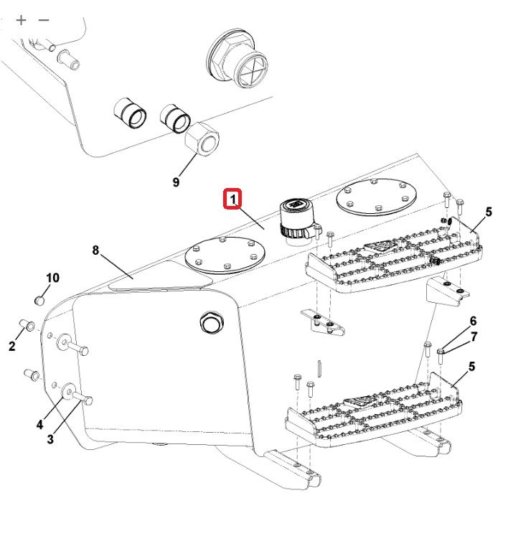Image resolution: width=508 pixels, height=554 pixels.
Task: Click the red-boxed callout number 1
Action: pyautogui.click(x=232, y=199)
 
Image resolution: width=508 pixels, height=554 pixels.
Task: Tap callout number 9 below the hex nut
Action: pyautogui.click(x=176, y=182)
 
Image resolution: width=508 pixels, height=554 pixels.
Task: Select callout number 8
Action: pyautogui.click(x=95, y=250)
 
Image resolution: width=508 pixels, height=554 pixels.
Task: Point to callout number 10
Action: pyautogui.click(x=52, y=278)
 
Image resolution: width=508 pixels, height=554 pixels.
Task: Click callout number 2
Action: pyautogui.click(x=12, y=346)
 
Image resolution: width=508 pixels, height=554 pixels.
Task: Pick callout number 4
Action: pyautogui.click(x=39, y=424)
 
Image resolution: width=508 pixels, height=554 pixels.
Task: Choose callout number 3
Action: pyautogui.click(x=50, y=438)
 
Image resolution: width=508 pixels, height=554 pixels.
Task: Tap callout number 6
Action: pyautogui.click(x=473, y=321)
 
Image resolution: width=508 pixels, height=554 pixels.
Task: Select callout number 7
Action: pyautogui.click(x=474, y=337)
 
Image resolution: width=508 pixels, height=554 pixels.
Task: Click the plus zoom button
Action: pyautogui.click(x=21, y=20)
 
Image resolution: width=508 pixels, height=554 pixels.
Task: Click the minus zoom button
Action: pyautogui.click(x=44, y=20)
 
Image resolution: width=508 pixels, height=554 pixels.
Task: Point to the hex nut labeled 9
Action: pyautogui.click(x=202, y=138)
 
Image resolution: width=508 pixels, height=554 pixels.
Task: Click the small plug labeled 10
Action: pyautogui.click(x=39, y=301)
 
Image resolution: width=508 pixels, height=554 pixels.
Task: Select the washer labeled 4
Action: pyautogui.click(x=67, y=392)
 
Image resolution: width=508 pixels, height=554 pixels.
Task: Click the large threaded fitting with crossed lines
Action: pyautogui.click(x=237, y=58)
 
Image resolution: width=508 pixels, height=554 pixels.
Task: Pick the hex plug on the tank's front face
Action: pyautogui.click(x=212, y=322)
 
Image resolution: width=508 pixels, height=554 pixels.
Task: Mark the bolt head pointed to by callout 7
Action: pyautogui.click(x=440, y=351)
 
